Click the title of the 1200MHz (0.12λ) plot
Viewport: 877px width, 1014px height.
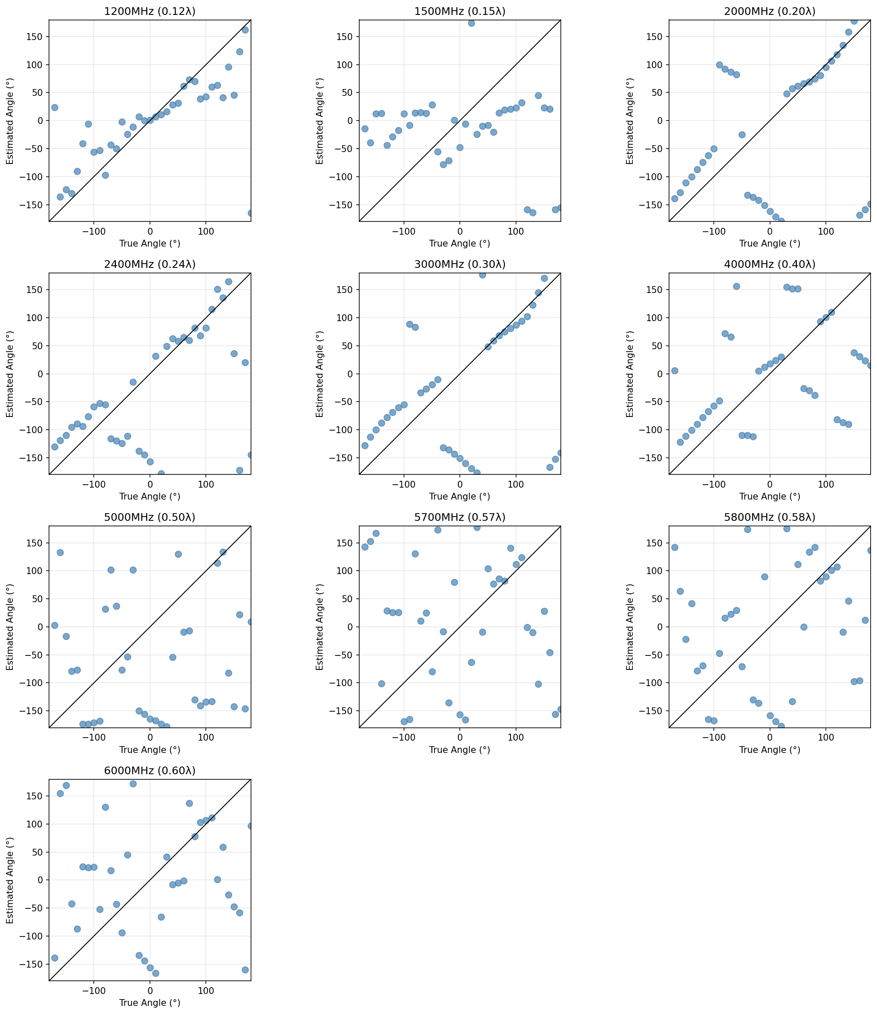pyautogui.click(x=150, y=11)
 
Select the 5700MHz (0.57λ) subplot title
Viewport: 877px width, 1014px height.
pyautogui.click(x=459, y=517)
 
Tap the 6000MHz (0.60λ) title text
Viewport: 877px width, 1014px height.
pyautogui.click(x=150, y=770)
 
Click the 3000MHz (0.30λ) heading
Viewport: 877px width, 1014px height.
pyautogui.click(x=459, y=264)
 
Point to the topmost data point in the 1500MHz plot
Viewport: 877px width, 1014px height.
pyautogui.click(x=471, y=23)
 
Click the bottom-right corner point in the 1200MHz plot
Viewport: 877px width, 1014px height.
pyautogui.click(x=251, y=213)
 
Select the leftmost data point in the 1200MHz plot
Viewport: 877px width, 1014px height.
pyautogui.click(x=55, y=107)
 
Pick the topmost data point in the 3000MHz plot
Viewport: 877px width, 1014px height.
pyautogui.click(x=482, y=275)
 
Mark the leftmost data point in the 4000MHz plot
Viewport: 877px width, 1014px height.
pyautogui.click(x=674, y=371)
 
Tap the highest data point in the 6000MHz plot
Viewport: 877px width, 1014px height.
pyautogui.click(x=133, y=784)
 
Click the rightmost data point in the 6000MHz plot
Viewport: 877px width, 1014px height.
pyautogui.click(x=251, y=826)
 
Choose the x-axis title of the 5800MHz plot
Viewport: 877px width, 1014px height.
pyautogui.click(x=769, y=750)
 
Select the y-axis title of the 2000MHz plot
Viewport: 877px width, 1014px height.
pyautogui.click(x=630, y=121)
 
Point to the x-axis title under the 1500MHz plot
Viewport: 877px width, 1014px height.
pyautogui.click(x=459, y=244)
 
